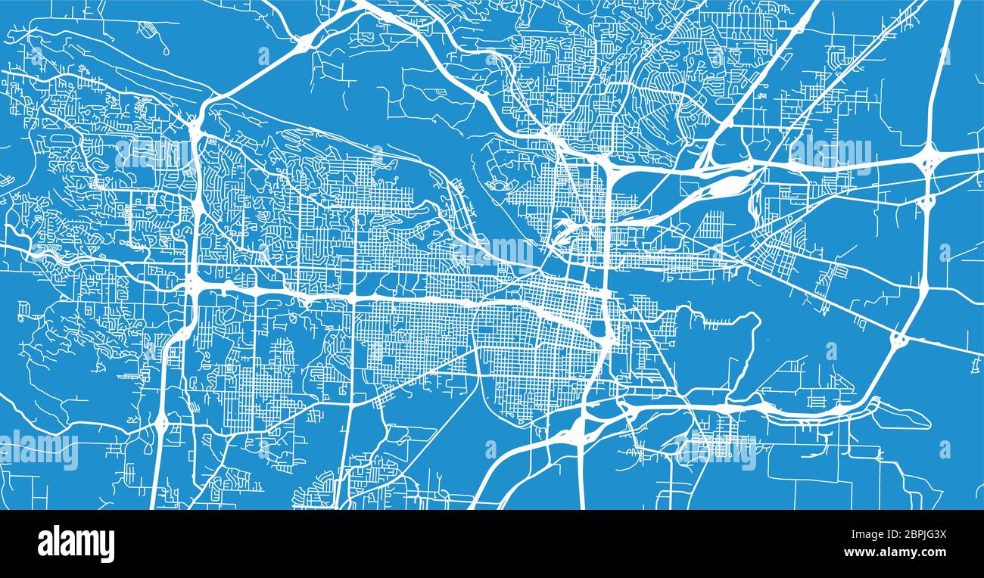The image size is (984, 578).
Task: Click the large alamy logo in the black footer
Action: click(76, 543)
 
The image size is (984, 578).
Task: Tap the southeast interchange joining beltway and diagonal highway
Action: click(898, 340)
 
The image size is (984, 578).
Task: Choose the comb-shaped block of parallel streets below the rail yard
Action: click(711, 225)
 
